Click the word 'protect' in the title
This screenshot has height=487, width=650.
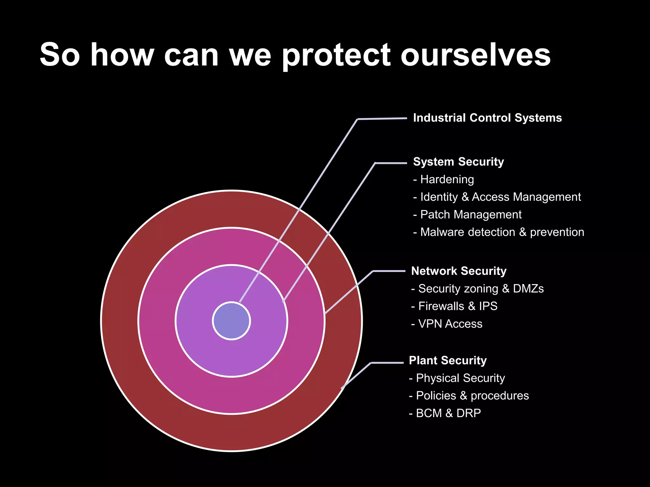point(336,55)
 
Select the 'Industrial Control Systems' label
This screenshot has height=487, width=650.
point(487,118)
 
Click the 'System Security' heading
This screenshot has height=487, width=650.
point(458,162)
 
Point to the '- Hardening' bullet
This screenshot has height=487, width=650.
point(444,179)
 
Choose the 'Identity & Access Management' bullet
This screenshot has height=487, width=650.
point(497,197)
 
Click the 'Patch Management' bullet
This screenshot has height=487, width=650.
point(468,215)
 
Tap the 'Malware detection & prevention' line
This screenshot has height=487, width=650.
point(499,232)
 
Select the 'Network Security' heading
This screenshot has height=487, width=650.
point(459,271)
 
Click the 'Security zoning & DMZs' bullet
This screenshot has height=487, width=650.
point(477,289)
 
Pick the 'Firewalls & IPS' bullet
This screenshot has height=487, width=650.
point(454,306)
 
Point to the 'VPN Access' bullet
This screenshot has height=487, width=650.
point(447,324)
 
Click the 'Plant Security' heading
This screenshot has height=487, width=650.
point(448,360)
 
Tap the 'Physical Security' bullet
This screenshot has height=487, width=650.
point(457,378)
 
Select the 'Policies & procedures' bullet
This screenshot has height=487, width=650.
point(469,396)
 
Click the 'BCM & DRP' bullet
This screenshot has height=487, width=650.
point(445,413)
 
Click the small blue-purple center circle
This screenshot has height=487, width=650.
point(231,321)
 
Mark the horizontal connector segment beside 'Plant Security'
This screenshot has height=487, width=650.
point(387,362)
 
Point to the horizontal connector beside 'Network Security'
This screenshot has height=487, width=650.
point(389,271)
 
